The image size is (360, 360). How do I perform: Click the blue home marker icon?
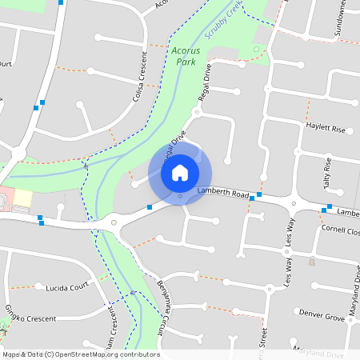180,172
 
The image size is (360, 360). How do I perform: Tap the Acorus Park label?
184,55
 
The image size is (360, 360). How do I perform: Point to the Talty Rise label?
326,171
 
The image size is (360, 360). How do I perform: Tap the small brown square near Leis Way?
312,262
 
